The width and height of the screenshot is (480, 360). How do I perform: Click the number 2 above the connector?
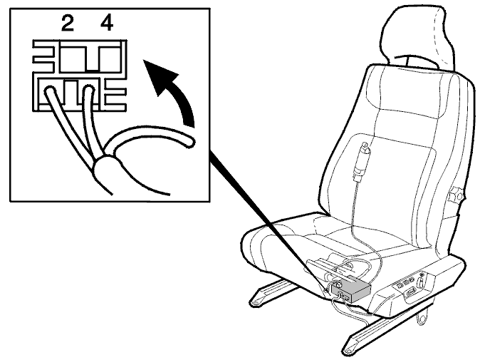[68, 24]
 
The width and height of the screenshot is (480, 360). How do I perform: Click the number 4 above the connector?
[106, 24]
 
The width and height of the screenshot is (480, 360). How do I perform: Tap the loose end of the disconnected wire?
[190, 142]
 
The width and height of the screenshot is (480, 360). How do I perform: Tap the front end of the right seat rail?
[348, 350]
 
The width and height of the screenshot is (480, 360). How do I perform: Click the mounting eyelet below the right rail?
[422, 318]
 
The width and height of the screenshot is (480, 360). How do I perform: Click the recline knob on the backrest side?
[455, 195]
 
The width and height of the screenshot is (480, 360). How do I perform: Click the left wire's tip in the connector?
[49, 91]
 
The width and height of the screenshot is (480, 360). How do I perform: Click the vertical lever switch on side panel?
[422, 279]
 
